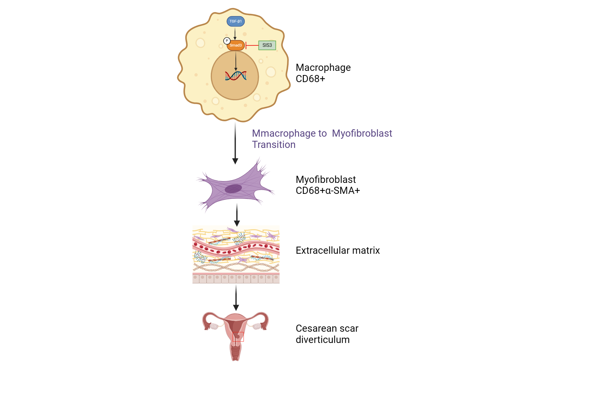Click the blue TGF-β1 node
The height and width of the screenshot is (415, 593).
tap(236, 21)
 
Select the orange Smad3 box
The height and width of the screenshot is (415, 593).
tap(236, 45)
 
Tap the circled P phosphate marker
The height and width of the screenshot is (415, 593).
tap(227, 41)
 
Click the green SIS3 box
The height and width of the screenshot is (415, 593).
tap(267, 45)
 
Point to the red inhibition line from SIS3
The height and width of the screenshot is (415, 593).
tap(252, 45)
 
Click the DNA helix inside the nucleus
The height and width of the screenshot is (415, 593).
tap(236, 76)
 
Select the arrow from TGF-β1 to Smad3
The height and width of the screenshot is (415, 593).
tap(235, 33)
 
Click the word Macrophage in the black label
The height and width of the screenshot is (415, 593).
tap(323, 68)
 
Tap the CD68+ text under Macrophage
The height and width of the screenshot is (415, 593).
tap(310, 79)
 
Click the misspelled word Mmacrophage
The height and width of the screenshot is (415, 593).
tap(289, 133)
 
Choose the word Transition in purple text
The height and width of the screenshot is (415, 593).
tap(274, 145)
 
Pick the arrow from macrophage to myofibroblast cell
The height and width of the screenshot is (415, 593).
tap(235, 142)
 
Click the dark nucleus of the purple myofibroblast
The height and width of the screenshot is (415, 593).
tap(233, 189)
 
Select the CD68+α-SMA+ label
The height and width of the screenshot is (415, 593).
tap(328, 191)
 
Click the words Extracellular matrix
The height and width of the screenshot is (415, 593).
tap(337, 250)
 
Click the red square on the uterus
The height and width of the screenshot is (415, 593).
tap(238, 337)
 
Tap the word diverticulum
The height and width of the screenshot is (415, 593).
tap(323, 340)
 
